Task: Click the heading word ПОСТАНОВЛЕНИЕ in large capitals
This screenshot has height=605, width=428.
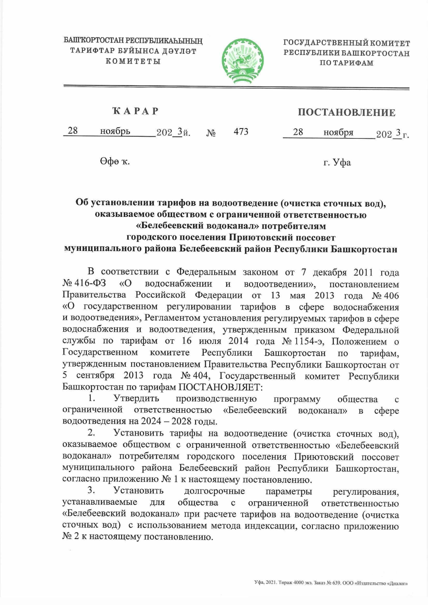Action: pyautogui.click(x=346, y=113)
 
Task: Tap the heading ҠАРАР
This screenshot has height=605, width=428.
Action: pyautogui.click(x=135, y=111)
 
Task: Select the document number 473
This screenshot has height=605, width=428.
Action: pyautogui.click(x=241, y=132)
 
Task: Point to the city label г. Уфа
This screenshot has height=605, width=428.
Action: pyautogui.click(x=337, y=163)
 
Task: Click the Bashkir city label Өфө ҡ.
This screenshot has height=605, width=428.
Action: pyautogui.click(x=114, y=162)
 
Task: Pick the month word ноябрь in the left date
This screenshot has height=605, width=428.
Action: pyautogui.click(x=115, y=131)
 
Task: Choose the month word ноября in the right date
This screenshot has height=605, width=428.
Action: pyautogui.click(x=338, y=132)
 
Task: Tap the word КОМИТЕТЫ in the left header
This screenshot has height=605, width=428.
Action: pyautogui.click(x=133, y=61)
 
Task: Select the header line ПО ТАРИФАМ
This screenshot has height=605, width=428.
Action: pyautogui.click(x=346, y=63)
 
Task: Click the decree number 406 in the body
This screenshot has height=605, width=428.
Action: pyautogui.click(x=389, y=295)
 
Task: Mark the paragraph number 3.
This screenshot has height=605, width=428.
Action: pyautogui.click(x=91, y=490)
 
